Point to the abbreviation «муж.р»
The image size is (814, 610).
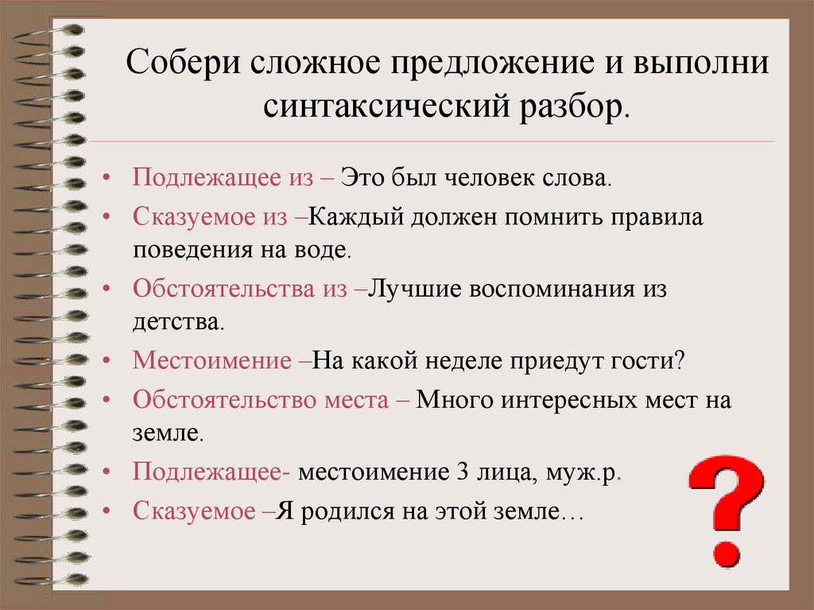pos(581,472)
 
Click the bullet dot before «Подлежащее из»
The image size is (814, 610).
pos(107,178)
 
